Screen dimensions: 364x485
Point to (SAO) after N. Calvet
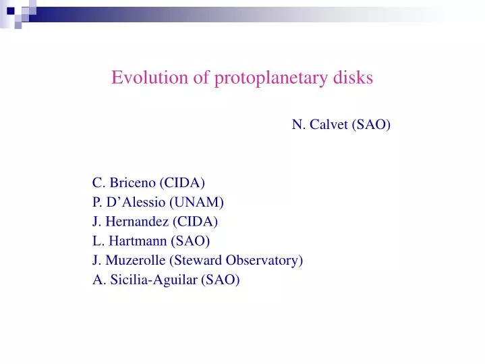pyautogui.click(x=372, y=124)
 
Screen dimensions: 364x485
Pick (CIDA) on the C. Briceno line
pyautogui.click(x=182, y=182)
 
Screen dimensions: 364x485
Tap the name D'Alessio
pyautogui.click(x=135, y=202)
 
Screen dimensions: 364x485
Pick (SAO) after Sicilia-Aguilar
pyautogui.click(x=221, y=280)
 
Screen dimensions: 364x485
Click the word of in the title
pyautogui.click(x=202, y=78)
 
